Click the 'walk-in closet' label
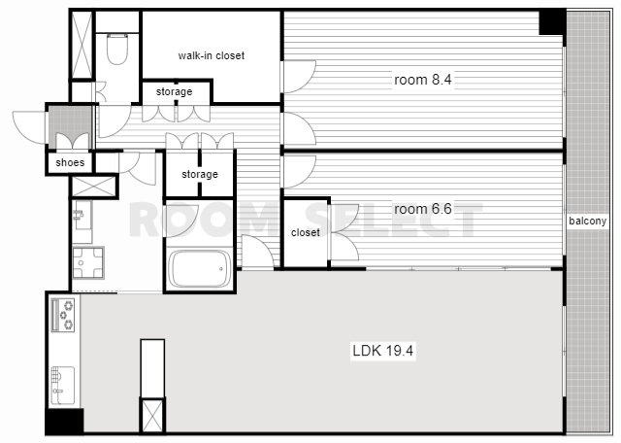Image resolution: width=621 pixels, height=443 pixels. pyautogui.click(x=212, y=55)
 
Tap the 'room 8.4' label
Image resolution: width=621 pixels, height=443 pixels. pyautogui.click(x=423, y=80)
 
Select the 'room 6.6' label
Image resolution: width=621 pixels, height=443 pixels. pyautogui.click(x=423, y=209)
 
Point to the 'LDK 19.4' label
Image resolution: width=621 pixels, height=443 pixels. pyautogui.click(x=382, y=351)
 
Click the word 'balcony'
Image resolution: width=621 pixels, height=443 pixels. pyautogui.click(x=587, y=221)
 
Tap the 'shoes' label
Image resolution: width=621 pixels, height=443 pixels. pyautogui.click(x=70, y=162)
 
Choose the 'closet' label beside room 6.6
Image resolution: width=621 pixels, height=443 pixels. pyautogui.click(x=306, y=232)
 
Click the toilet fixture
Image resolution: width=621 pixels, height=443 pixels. pyautogui.click(x=117, y=49)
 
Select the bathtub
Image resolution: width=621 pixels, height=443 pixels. pyautogui.click(x=199, y=268)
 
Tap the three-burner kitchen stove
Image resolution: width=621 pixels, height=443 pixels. pyautogui.click(x=63, y=315)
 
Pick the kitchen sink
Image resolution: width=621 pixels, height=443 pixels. pyautogui.click(x=62, y=386)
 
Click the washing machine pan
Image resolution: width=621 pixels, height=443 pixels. pyautogui.click(x=88, y=262)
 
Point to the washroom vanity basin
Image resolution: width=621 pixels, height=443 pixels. pyautogui.click(x=82, y=215)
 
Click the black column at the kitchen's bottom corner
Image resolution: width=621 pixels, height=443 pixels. pyautogui.click(x=64, y=422)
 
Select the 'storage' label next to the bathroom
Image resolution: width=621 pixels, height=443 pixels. pyautogui.click(x=200, y=174)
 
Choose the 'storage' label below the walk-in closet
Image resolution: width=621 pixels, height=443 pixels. pyautogui.click(x=174, y=91)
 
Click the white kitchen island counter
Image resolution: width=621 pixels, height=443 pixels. pyautogui.click(x=152, y=368)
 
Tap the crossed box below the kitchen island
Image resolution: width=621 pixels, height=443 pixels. pyautogui.click(x=152, y=416)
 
